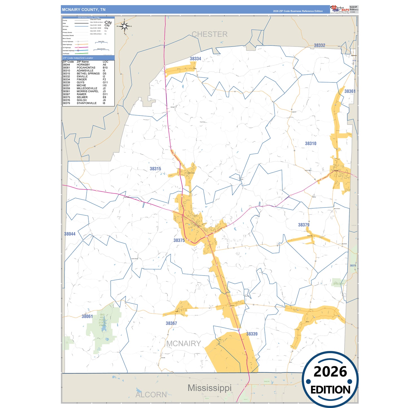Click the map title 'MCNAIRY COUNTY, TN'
click(84, 10)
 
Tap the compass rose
click(124, 26)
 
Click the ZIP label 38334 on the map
click(195, 59)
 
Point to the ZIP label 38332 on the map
click(319, 45)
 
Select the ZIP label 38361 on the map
click(350, 91)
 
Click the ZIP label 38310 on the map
click(311, 143)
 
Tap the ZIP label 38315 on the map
click(155, 169)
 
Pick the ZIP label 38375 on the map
click(179, 240)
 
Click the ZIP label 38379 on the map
click(304, 225)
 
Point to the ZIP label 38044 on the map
click(70, 234)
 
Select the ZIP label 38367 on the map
click(171, 323)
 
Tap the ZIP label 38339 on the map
click(252, 334)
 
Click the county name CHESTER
click(210, 34)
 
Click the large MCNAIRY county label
click(184, 343)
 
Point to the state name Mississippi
click(210, 388)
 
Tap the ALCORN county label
click(151, 394)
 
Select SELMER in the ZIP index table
click(82, 97)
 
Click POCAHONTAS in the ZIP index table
click(86, 68)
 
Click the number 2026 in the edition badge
click(330, 372)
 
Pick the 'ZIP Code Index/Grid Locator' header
click(78, 58)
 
